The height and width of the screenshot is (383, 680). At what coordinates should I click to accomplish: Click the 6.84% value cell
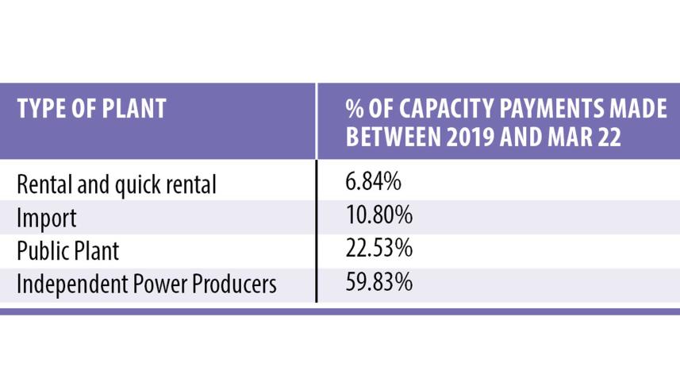tap(373, 184)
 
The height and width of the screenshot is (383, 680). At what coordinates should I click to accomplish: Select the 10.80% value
tap(378, 216)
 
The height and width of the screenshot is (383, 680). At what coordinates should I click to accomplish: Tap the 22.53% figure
tap(378, 249)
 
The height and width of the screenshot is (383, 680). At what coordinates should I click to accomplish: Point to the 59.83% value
tap(378, 282)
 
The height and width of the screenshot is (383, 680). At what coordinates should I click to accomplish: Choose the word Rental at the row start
tap(44, 184)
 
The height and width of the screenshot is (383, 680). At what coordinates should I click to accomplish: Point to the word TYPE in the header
tap(40, 108)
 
